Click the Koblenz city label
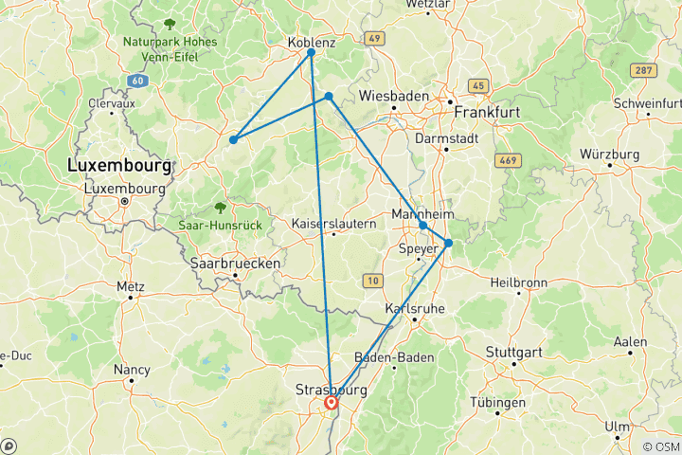click(x=312, y=42)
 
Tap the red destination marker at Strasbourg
click(x=332, y=403)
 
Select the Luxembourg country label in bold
click(x=119, y=166)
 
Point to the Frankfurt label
click(x=488, y=112)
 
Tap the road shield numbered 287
click(x=644, y=71)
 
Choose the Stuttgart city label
click(x=517, y=351)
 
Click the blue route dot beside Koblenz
click(x=311, y=52)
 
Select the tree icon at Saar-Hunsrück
click(x=220, y=207)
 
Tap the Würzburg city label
click(x=609, y=154)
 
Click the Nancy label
click(x=132, y=369)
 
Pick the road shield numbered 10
click(x=371, y=280)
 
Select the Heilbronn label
click(x=518, y=282)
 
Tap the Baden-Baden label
click(x=393, y=357)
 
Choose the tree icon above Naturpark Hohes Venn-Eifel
click(x=170, y=24)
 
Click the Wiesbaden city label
click(x=394, y=97)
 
